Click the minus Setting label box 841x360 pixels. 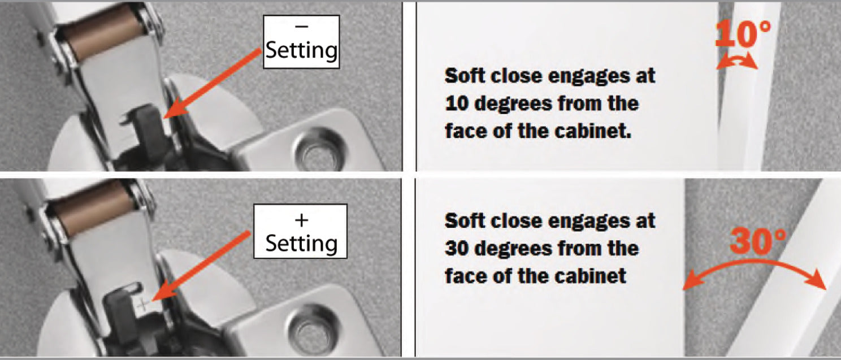tap(301, 42)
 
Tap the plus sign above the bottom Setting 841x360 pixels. tap(301, 218)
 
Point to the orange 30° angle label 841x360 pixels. tap(757, 241)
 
